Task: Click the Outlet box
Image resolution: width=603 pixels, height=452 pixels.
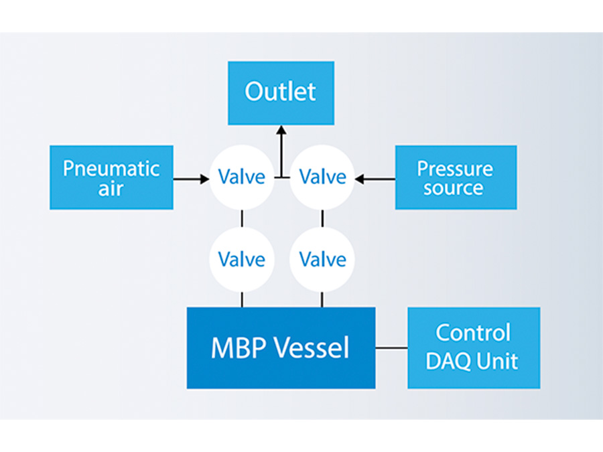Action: pos(281,92)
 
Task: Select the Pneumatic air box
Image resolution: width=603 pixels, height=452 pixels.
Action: pos(111,177)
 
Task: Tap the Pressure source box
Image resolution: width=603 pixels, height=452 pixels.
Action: pos(455,177)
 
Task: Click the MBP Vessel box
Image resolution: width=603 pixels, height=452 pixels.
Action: pos(281,348)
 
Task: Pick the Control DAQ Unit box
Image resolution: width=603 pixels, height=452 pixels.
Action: pos(473,348)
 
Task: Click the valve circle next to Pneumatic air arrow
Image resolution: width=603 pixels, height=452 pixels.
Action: pos(241,177)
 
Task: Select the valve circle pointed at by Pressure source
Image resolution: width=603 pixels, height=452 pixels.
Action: pos(322,177)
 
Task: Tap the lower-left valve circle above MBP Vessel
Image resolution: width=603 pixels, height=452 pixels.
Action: pos(241,258)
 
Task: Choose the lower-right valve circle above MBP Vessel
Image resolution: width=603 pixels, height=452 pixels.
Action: pos(322,258)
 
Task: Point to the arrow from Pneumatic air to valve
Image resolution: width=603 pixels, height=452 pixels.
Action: pos(191,179)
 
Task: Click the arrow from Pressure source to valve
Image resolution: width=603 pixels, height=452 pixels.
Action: pos(375,179)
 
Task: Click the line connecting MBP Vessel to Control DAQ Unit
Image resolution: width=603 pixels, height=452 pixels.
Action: pos(391,348)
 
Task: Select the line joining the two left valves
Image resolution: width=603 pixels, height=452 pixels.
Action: pos(241,218)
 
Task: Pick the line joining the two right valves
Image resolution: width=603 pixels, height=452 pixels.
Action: pos(322,218)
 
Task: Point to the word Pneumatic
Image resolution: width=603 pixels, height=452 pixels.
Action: pos(111,168)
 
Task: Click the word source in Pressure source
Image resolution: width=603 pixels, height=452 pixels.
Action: pos(454,188)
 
